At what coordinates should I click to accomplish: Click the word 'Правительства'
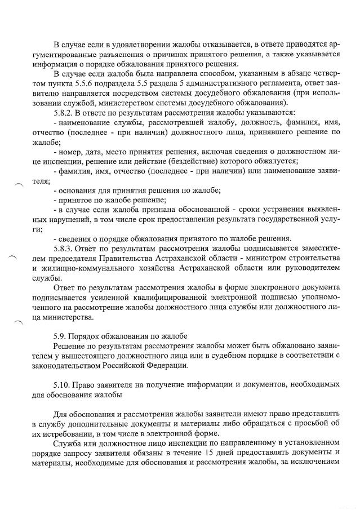[x=131, y=258]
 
